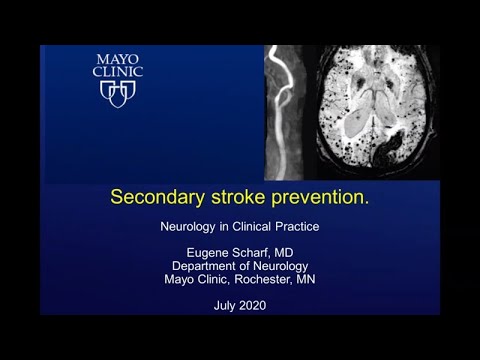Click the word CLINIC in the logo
coord(117,73)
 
